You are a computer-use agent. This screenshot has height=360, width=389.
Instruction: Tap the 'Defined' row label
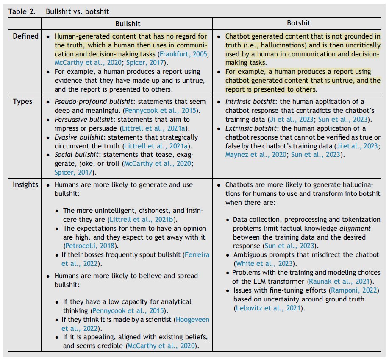[x=25, y=36]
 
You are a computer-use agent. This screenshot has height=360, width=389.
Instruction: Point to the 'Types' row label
[x=22, y=102]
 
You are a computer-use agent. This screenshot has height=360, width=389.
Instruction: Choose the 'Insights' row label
[x=25, y=184]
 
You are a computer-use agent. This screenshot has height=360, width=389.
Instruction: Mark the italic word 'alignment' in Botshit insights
[x=354, y=228]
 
